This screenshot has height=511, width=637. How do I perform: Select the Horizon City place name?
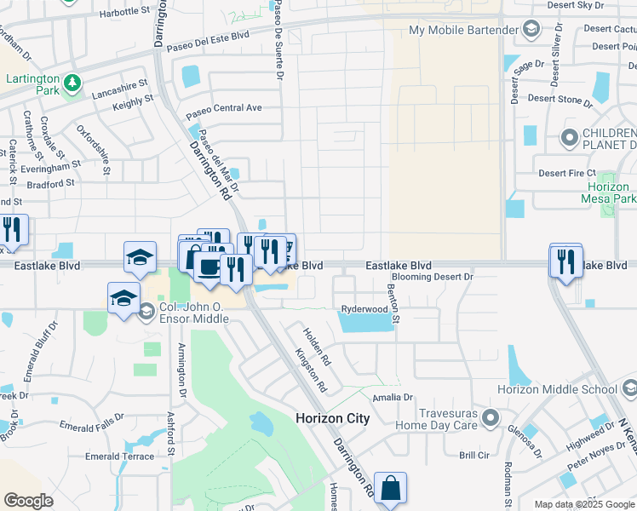pos(332,418)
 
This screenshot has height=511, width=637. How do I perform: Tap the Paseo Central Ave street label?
pos(224,109)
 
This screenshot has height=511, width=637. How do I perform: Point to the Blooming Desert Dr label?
pos(433,278)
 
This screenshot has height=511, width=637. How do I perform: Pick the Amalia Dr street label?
pos(392,397)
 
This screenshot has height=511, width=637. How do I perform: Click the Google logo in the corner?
pos(28,501)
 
